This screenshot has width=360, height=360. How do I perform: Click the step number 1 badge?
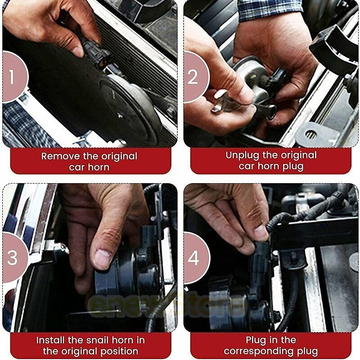click(14, 76)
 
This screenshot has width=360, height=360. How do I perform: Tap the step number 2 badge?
click(196, 76)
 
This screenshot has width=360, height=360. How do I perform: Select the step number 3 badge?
click(14, 257)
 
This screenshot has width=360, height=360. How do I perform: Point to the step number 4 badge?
click(196, 257)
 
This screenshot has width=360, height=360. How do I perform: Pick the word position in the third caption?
click(119, 351)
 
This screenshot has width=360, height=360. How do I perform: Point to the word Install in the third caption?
click(50, 340)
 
